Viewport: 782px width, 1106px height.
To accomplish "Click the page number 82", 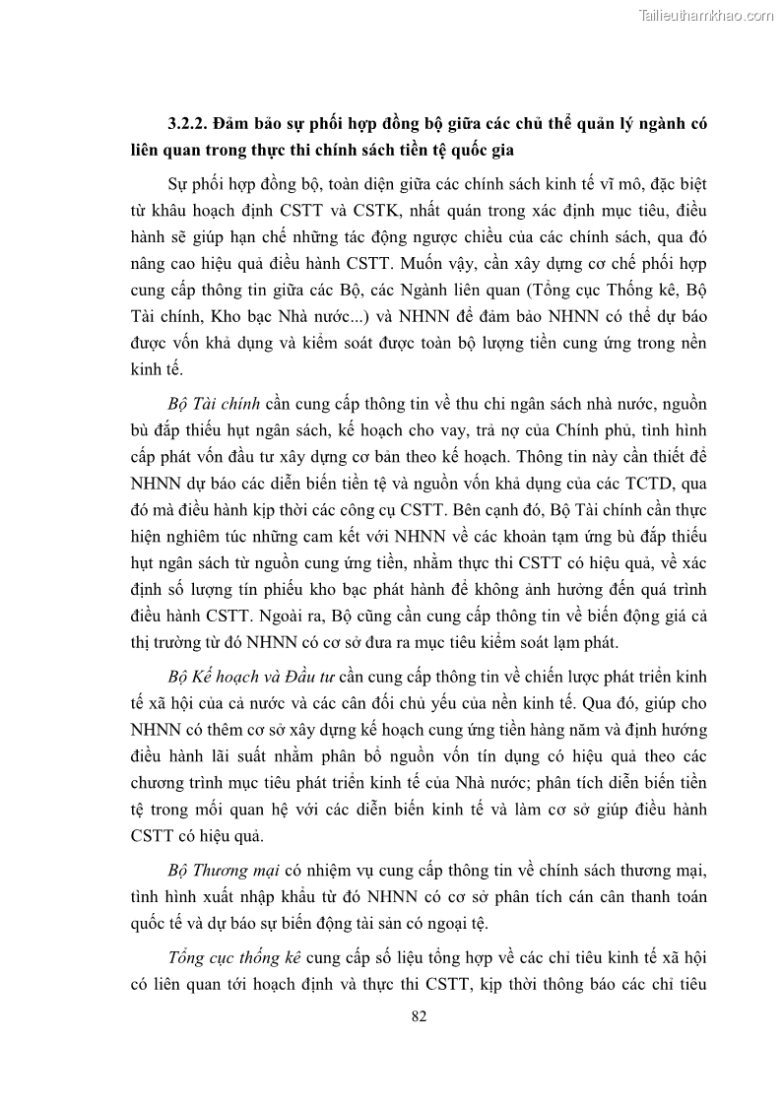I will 419,1017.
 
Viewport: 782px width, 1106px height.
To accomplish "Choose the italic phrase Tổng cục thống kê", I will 235,957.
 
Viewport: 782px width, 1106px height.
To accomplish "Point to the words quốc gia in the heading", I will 503,151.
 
